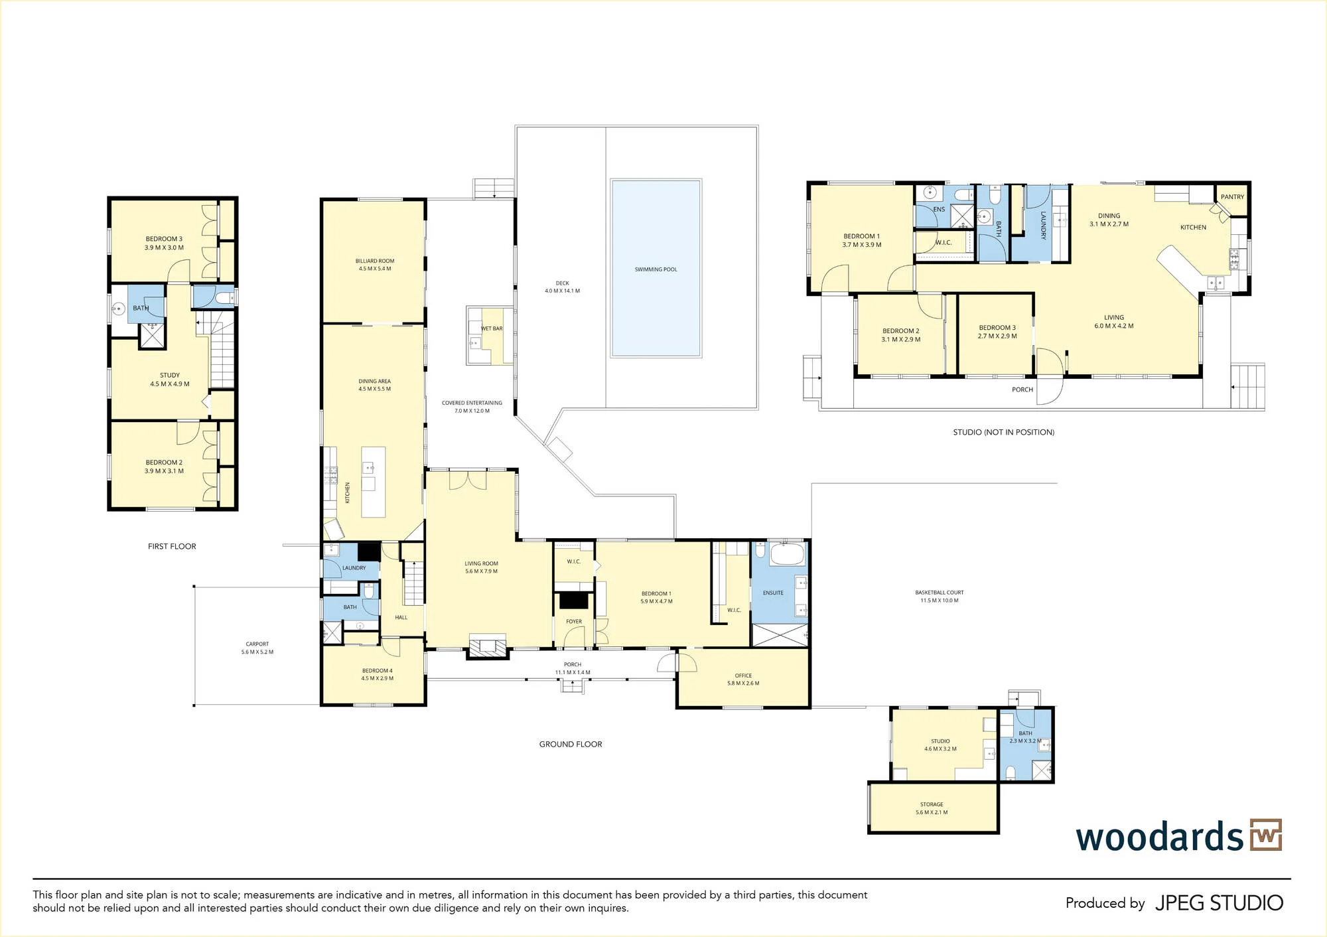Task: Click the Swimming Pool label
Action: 656,269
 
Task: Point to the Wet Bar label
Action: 492,328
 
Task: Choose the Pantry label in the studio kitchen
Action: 1232,197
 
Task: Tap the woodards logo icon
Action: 1266,835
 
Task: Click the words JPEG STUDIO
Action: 1220,903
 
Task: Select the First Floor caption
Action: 172,546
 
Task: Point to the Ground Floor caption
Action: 571,745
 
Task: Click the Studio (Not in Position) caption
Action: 1004,432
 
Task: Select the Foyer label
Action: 574,622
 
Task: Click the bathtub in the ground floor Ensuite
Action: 787,553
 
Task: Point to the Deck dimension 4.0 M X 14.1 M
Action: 563,291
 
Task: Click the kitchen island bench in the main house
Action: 373,482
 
